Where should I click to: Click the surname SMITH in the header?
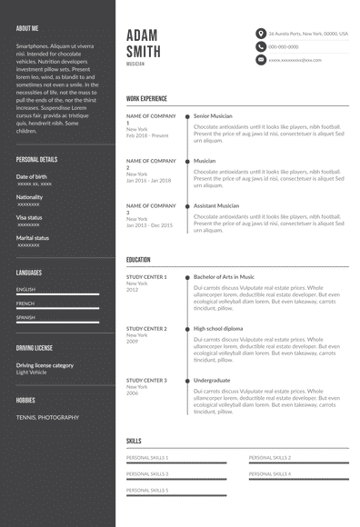click(x=145, y=51)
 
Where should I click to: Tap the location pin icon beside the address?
click(x=261, y=33)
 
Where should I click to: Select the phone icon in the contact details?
click(x=261, y=46)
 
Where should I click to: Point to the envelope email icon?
click(x=261, y=60)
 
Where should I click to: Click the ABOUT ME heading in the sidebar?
click(x=27, y=28)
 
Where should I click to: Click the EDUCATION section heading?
click(x=138, y=260)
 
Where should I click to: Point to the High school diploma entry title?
click(x=218, y=328)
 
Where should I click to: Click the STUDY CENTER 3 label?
click(x=146, y=380)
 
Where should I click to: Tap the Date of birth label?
click(x=32, y=176)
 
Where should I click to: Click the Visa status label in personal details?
click(x=29, y=217)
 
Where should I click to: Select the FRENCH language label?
click(x=25, y=303)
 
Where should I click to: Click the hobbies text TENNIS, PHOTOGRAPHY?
click(x=47, y=417)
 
